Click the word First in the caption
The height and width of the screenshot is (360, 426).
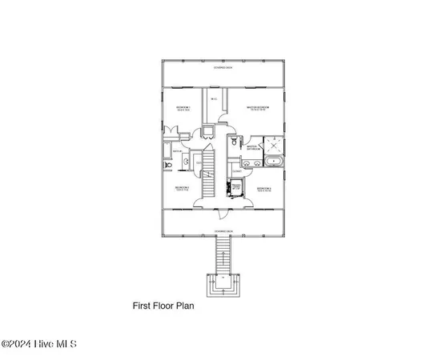click(x=141, y=305)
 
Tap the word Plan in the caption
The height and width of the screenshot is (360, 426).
click(x=185, y=305)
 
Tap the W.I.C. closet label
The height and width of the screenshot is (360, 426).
click(x=213, y=98)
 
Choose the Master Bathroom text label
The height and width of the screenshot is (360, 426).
click(x=252, y=147)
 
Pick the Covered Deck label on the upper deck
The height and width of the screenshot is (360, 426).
click(x=223, y=68)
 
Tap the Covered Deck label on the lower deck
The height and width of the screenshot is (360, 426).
click(x=223, y=230)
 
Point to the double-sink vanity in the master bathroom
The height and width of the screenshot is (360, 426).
click(x=252, y=162)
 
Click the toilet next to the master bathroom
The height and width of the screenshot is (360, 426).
click(x=233, y=142)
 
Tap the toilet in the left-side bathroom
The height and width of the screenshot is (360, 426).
click(x=168, y=166)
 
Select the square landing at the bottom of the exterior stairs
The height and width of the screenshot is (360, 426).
click(x=223, y=284)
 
